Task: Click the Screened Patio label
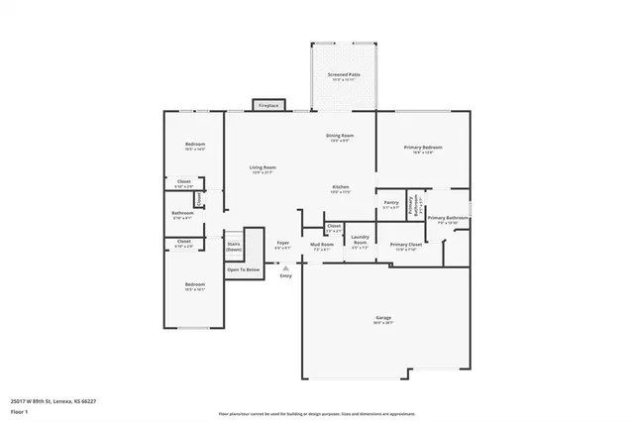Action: click(345, 75)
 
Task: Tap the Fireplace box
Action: click(268, 105)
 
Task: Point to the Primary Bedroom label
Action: click(422, 148)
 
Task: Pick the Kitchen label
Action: click(340, 187)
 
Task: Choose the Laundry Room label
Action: click(360, 239)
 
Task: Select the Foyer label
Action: click(282, 243)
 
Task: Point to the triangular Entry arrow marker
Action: click(285, 267)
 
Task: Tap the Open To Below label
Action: click(243, 269)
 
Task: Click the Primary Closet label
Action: click(406, 245)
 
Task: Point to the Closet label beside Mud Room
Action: click(334, 227)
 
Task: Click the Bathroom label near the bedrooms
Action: click(182, 213)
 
